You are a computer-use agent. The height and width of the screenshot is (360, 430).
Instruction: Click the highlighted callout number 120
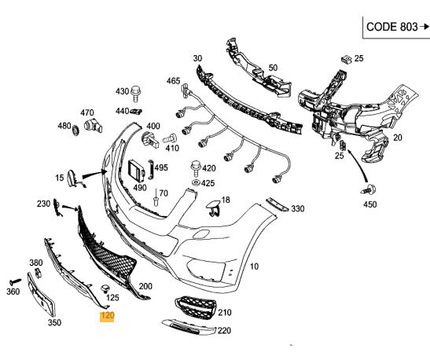[107, 316]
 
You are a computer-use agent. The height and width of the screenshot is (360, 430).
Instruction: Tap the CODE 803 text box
[396, 28]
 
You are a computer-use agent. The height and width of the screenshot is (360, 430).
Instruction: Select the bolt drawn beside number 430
[136, 94]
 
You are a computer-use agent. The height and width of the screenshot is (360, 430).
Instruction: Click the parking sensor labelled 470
[93, 125]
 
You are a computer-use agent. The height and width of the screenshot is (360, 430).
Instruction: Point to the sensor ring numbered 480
[75, 129]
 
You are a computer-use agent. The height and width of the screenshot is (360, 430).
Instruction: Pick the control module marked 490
[136, 171]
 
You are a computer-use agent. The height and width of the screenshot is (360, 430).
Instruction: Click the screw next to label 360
[16, 281]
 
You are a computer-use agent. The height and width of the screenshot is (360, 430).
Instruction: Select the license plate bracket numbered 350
[41, 295]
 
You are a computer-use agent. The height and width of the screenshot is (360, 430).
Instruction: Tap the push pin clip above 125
[105, 288]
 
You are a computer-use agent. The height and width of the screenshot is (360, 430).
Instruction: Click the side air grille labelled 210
[195, 307]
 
